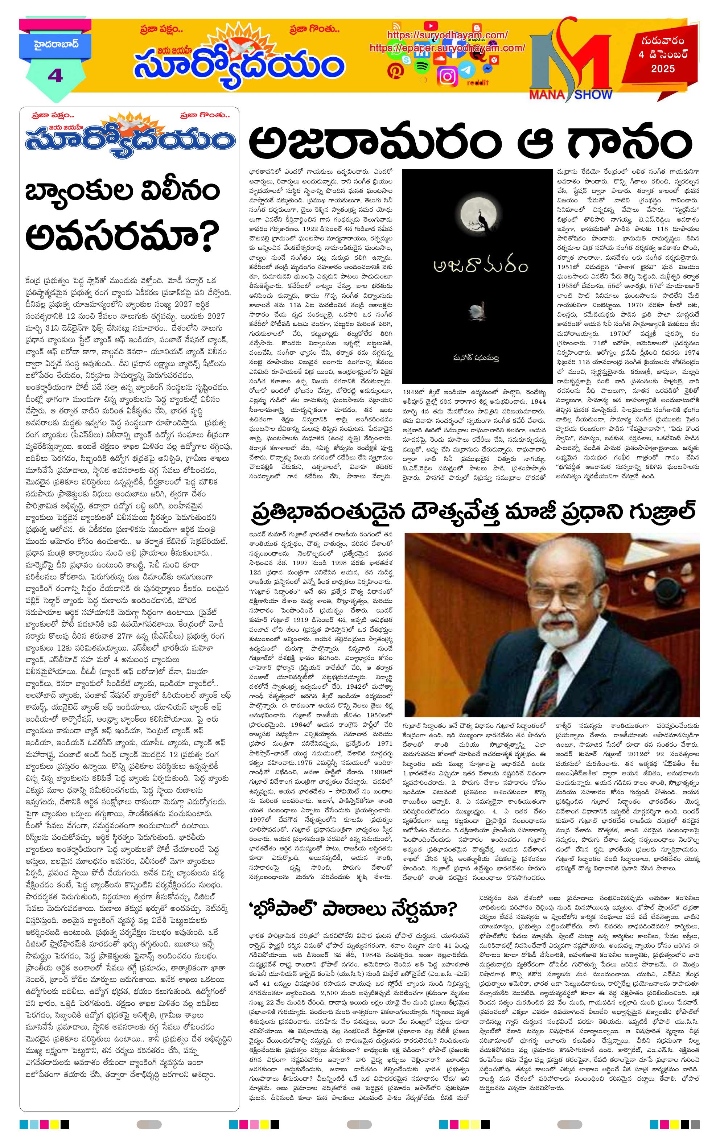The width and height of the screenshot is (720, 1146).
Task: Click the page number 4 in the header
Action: click(55, 75)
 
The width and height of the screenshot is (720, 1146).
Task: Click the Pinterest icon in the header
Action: click(395, 70)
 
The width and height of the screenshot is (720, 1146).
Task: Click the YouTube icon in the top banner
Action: click(430, 26)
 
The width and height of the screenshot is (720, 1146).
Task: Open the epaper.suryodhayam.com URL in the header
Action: click(447, 48)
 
